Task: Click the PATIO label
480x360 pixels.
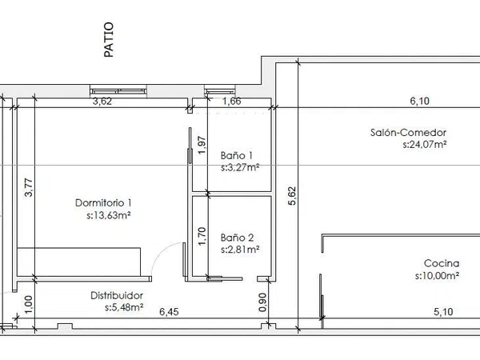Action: point(109,39)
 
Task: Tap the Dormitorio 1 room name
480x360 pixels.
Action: point(103,202)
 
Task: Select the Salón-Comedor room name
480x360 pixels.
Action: point(408,133)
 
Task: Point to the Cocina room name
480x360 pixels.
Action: point(442,263)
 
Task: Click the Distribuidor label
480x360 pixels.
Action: point(117,295)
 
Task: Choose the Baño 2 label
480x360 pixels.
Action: point(238,238)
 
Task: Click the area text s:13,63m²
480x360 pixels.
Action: point(109,215)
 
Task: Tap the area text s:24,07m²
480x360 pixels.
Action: point(424,144)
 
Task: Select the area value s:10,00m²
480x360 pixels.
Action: point(437,276)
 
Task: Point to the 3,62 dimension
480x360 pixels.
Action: point(102,102)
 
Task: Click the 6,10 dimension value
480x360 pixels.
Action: point(420,101)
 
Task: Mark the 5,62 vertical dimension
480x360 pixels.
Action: point(292,196)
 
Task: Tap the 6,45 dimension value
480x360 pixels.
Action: point(169,312)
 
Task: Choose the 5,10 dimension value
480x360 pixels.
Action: point(443,312)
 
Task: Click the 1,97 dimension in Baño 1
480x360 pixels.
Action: point(202,145)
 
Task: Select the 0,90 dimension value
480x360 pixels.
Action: point(262,302)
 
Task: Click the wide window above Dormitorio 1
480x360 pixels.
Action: point(118,91)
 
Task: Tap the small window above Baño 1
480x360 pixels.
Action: point(220,91)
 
